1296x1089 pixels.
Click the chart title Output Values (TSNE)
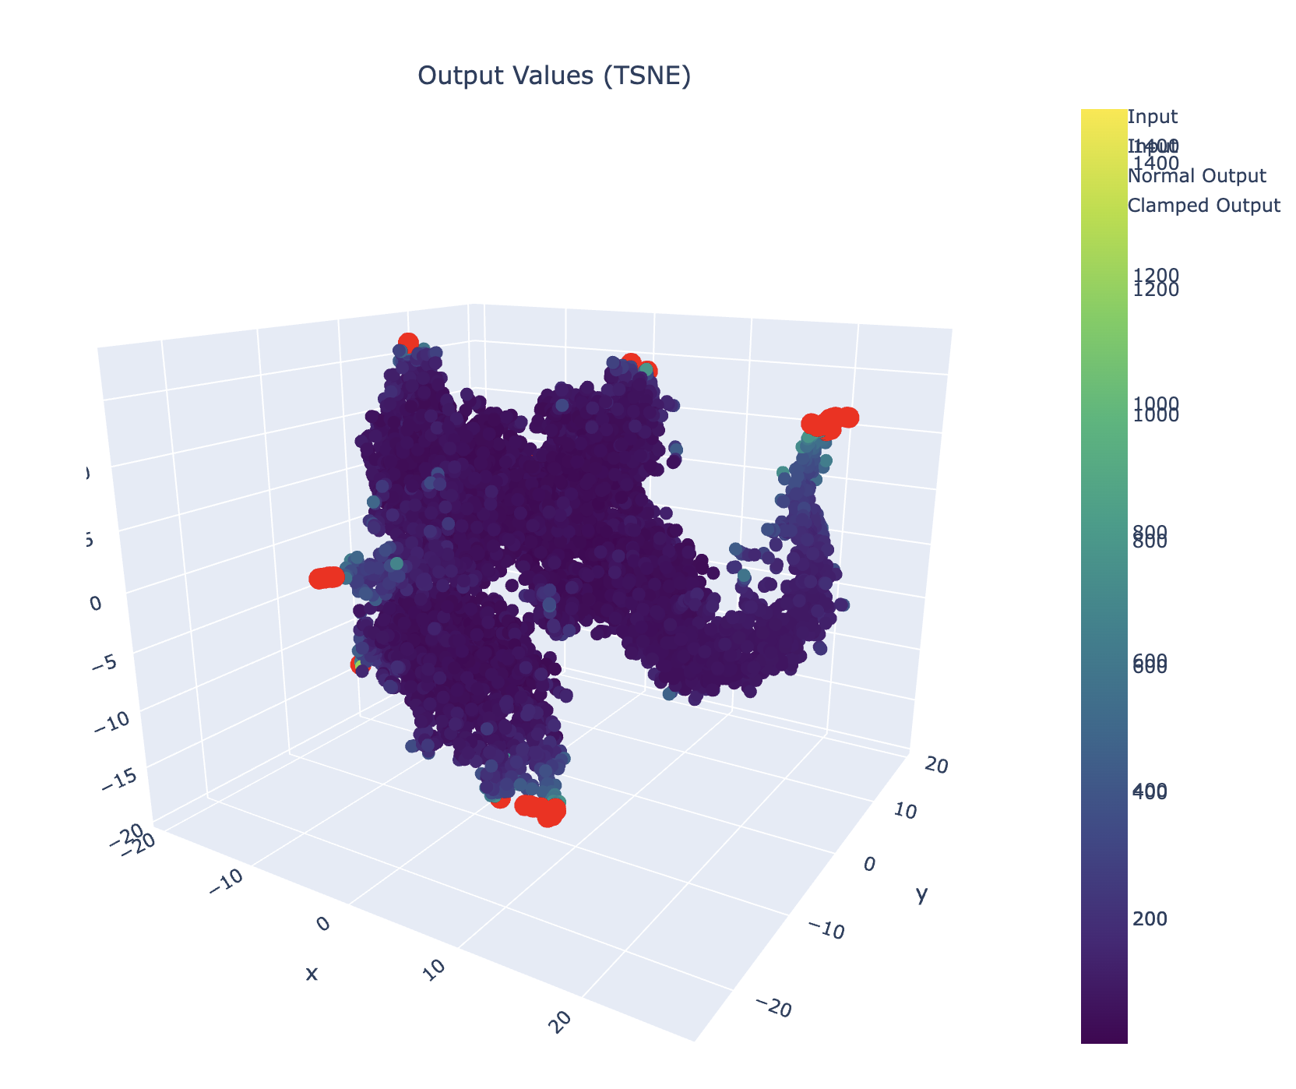554,76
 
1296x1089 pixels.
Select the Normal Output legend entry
1196,177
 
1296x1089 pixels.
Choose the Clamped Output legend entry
1203,206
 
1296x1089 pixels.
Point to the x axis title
312,973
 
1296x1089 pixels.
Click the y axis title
921,896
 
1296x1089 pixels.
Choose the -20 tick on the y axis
775,1010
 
